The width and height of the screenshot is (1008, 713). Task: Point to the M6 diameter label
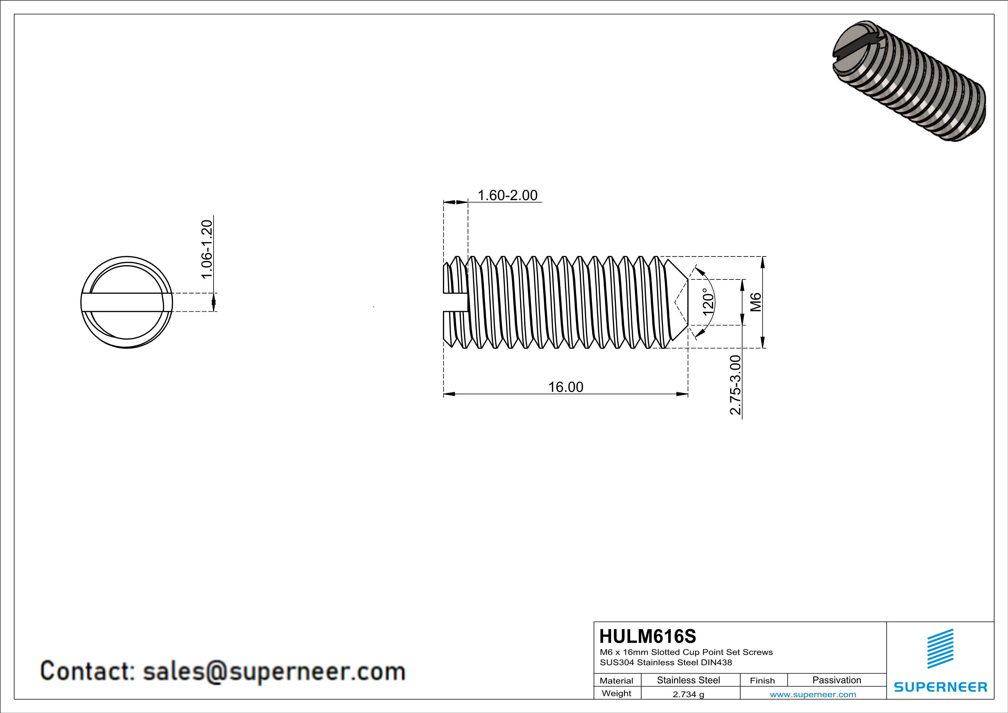tap(755, 302)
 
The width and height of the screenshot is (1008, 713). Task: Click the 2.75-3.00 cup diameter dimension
tap(735, 385)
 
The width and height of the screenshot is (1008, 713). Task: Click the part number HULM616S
tap(648, 636)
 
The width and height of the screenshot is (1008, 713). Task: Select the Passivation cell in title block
tap(836, 680)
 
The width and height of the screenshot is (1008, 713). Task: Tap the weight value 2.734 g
tap(688, 694)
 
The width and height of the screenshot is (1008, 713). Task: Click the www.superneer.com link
tap(813, 694)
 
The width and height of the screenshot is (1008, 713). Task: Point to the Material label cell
tap(617, 681)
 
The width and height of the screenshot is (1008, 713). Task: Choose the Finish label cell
tap(762, 681)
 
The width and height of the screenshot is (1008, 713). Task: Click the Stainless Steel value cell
tap(688, 680)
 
